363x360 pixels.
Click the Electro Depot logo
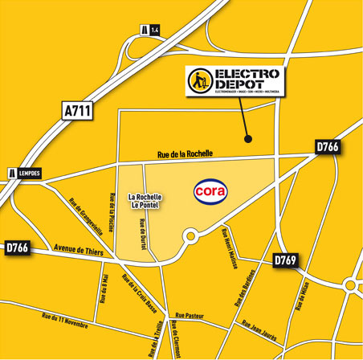[x=235, y=81]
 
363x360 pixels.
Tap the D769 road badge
[x=286, y=261]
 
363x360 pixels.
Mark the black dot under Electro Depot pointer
[x=249, y=138]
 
